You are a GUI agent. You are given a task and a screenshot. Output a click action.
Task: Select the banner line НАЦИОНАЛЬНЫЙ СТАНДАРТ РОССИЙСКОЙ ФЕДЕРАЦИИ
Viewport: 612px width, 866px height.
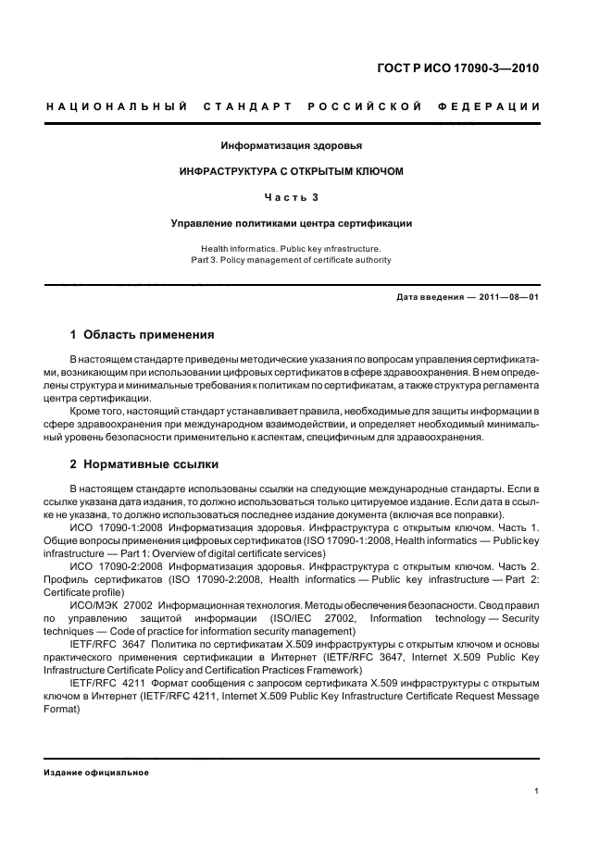[293, 107]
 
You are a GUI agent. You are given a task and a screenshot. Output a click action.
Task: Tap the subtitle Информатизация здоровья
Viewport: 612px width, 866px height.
[291, 146]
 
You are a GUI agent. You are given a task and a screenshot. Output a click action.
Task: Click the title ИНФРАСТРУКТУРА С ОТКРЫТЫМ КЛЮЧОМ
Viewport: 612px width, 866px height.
[291, 171]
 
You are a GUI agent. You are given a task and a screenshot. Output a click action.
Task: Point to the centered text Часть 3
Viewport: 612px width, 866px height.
[291, 197]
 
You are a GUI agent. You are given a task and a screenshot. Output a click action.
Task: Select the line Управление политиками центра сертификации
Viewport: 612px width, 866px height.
[291, 223]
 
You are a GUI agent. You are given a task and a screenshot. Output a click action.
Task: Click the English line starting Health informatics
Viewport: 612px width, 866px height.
[291, 249]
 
